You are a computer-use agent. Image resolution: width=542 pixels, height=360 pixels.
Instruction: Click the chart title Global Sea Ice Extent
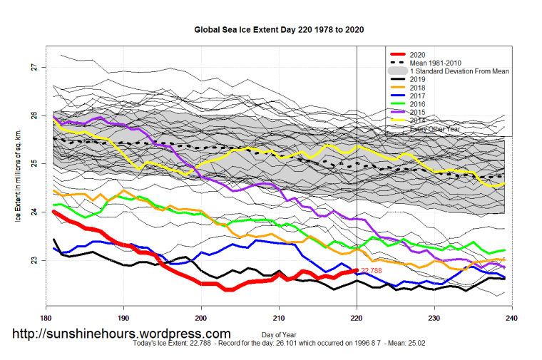click(x=279, y=31)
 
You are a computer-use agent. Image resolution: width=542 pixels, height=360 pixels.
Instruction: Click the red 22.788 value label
click(x=372, y=271)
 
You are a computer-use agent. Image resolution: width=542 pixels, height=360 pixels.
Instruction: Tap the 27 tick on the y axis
click(x=34, y=67)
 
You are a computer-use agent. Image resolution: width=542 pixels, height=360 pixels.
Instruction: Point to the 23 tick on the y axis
click(x=34, y=260)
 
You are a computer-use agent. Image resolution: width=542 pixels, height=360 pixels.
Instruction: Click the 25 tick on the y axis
click(x=34, y=163)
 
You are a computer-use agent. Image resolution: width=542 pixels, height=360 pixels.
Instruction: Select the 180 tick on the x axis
click(x=46, y=318)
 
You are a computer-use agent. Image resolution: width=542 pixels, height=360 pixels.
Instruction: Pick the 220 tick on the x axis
click(x=357, y=318)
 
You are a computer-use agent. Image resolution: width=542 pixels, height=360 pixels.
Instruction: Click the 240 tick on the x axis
click(x=512, y=318)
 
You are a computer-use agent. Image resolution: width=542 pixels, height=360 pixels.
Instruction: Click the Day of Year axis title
click(x=277, y=335)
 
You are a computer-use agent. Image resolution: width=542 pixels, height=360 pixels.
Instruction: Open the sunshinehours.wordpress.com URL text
click(x=122, y=334)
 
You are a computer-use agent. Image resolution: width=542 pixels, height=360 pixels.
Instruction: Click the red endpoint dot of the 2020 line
click(x=357, y=270)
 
